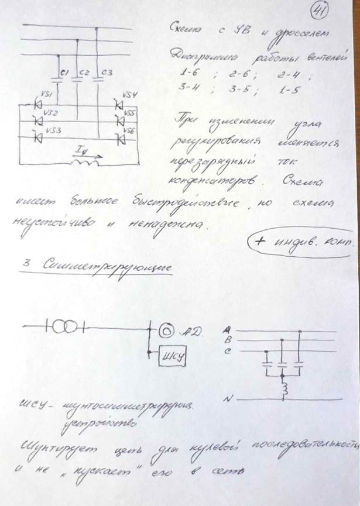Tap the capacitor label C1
click(x=66, y=73)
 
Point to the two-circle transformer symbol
click(x=62, y=325)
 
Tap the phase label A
click(x=226, y=331)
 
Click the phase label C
click(x=226, y=350)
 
